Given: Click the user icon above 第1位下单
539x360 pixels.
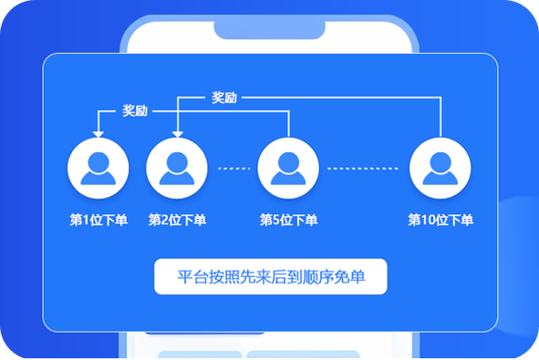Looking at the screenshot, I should click(98, 169).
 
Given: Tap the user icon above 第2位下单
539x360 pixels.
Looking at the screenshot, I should click(177, 169).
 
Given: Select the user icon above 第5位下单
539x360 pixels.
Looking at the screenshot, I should click(288, 169).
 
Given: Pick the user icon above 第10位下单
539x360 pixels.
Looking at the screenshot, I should click(441, 169).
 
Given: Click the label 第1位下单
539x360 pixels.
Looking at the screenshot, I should click(98, 220).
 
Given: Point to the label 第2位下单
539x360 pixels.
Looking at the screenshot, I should click(177, 220).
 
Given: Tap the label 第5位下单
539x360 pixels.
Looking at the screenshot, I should click(288, 220).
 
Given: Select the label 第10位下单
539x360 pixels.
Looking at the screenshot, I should click(441, 220).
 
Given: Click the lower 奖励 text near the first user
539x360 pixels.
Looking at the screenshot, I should click(135, 111).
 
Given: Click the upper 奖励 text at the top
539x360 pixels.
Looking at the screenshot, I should click(224, 97).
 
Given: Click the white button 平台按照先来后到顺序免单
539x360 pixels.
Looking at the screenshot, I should click(271, 277).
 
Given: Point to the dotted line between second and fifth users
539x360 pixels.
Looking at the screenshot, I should click(233, 169).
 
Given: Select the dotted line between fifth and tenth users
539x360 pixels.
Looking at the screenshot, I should click(363, 169).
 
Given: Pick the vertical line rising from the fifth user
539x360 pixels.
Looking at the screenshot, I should click(288, 124).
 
